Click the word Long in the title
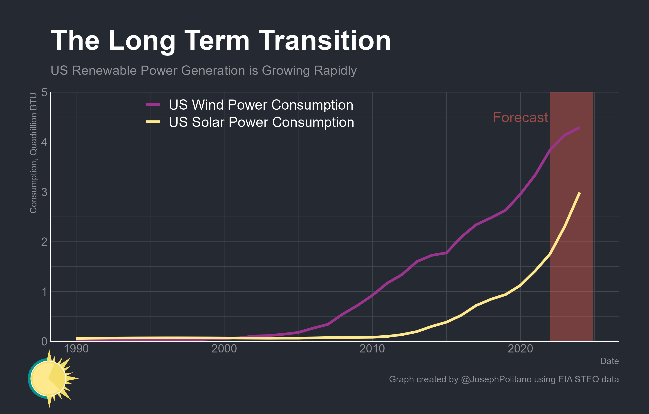tap(142, 41)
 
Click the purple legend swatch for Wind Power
tap(153, 104)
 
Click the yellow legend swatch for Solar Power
tap(153, 122)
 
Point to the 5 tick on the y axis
tap(44, 92)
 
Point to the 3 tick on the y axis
tap(44, 192)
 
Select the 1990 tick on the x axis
tap(76, 349)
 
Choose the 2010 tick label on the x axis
tap(372, 349)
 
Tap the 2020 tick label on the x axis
tap(520, 349)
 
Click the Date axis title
tap(609, 361)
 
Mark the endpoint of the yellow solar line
tap(579, 193)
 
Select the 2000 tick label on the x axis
tap(224, 349)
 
